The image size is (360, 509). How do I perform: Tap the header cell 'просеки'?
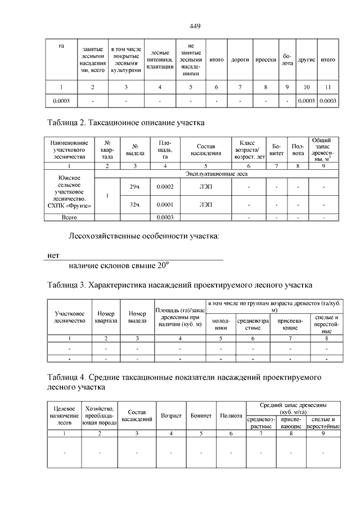click(x=265, y=59)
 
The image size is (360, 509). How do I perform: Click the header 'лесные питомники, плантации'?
click(x=160, y=59)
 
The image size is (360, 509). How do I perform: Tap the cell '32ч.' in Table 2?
click(x=135, y=205)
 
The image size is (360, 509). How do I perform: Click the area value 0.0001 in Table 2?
click(x=164, y=205)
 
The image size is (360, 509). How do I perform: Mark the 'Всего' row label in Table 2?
click(x=69, y=217)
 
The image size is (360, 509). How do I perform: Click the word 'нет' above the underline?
click(x=53, y=256)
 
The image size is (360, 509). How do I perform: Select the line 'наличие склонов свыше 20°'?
click(x=119, y=265)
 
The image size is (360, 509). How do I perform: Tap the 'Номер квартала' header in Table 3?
click(x=106, y=317)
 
